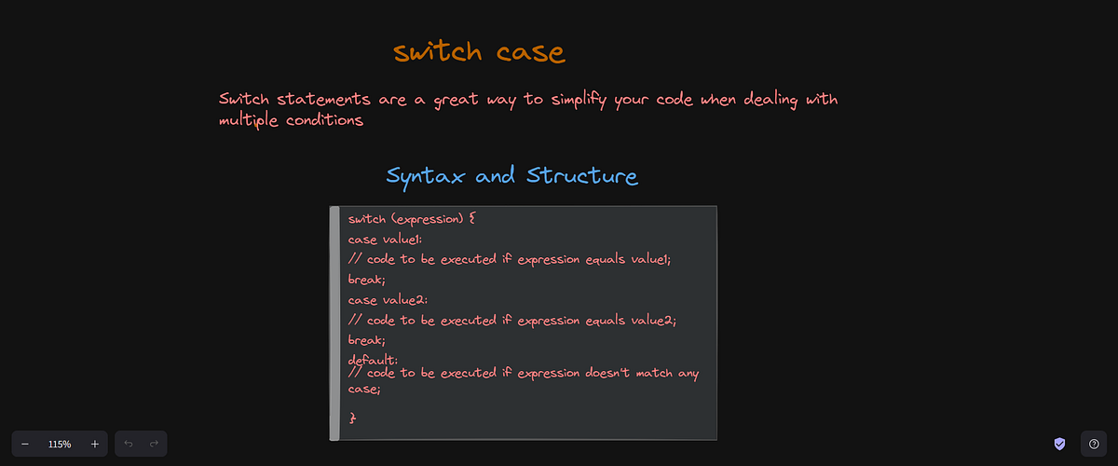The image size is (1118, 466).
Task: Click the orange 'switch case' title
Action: pos(479,52)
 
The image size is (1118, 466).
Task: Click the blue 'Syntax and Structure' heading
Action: pos(511,176)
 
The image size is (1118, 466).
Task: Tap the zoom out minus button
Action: pos(25,445)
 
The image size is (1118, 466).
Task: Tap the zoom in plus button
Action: pos(94,445)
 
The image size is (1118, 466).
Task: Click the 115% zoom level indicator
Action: pos(60,445)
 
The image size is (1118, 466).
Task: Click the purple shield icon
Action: pos(1059,445)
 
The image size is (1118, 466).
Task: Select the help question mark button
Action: pos(1094,445)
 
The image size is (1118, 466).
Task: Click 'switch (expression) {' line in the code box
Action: pos(412,220)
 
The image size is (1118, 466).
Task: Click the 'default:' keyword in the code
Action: pos(373,360)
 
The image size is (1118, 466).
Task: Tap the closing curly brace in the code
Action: pos(352,418)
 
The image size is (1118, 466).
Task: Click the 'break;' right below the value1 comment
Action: pos(366,280)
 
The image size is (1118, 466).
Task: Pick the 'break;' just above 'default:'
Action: pos(366,340)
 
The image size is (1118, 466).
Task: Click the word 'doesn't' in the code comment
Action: pos(592,375)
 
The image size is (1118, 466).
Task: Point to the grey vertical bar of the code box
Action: pos(334,322)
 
